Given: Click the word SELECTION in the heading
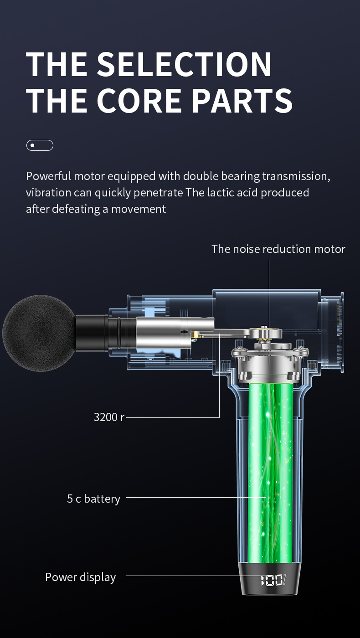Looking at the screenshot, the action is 185,64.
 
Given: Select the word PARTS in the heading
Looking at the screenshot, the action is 242,100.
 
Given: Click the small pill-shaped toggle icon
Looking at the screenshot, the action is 40,145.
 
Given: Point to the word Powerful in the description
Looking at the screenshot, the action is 48,176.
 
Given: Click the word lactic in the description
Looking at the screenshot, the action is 221,192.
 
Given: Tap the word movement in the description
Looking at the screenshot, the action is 139,209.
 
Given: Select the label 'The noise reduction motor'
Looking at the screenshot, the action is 278,249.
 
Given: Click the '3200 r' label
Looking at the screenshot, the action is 109,417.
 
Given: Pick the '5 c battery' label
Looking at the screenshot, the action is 94,499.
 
